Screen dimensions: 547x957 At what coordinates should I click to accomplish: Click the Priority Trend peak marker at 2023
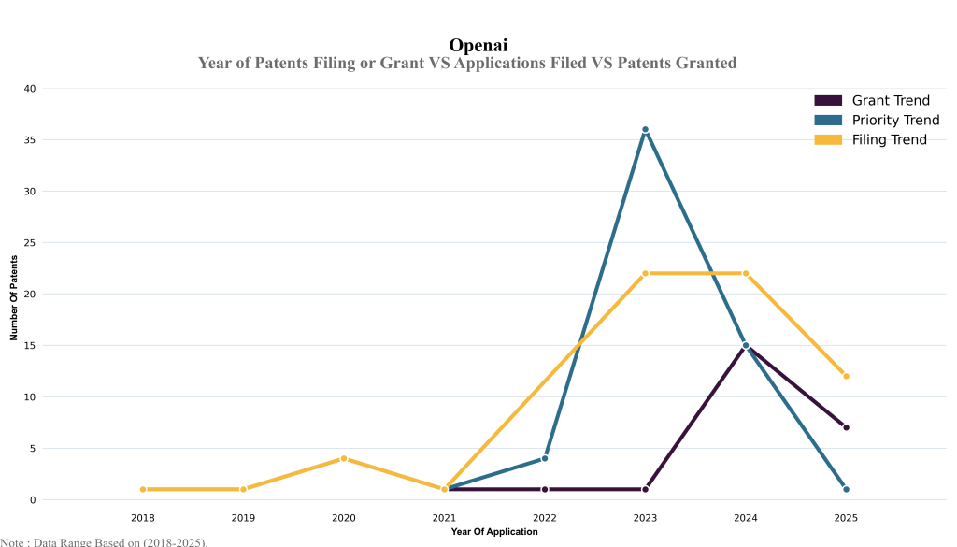tap(645, 130)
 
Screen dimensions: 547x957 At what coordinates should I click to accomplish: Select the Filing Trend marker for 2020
tap(344, 458)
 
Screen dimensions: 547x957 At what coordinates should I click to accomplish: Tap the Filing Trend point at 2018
tap(143, 489)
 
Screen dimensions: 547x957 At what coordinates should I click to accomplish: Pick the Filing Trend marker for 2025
tap(846, 376)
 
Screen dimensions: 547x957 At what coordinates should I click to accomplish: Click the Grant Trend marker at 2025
tap(846, 427)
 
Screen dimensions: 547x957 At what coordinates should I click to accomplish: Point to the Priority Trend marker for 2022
tap(545, 458)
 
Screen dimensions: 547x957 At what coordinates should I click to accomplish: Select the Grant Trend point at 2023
tap(645, 489)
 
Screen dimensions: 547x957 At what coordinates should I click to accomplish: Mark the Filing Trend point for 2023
tap(645, 273)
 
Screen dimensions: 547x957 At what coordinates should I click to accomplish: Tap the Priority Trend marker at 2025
tap(846, 489)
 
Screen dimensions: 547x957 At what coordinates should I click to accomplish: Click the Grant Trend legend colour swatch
tap(828, 101)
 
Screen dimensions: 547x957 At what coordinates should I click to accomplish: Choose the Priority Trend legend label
tap(895, 121)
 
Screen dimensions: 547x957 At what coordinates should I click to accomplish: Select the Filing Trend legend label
tap(889, 140)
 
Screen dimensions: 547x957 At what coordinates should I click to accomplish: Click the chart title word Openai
tap(478, 45)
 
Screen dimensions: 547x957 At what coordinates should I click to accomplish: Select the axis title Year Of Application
tap(494, 532)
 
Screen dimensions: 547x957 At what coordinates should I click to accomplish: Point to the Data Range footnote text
tap(104, 541)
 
